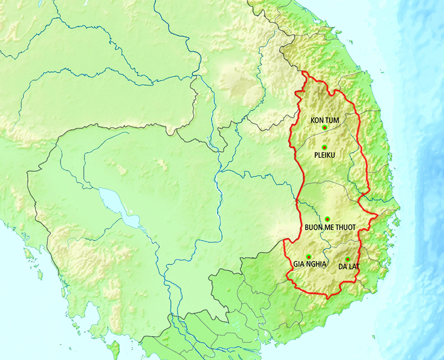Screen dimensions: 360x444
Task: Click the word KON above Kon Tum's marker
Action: click(317, 120)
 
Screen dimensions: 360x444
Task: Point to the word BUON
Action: click(314, 227)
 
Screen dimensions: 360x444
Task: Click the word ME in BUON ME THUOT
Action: click(330, 227)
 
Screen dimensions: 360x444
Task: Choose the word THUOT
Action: click(346, 227)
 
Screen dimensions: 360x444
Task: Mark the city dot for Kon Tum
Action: click(324, 128)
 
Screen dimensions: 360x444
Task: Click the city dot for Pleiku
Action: click(324, 147)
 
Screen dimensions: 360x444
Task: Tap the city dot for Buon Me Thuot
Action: click(327, 219)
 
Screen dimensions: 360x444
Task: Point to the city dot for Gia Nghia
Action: click(309, 257)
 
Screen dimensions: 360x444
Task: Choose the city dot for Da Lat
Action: click(347, 259)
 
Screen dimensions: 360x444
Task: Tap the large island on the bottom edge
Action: click(115, 350)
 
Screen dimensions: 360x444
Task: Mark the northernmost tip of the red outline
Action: click(304, 72)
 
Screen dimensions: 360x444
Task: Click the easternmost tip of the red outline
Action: click(377, 214)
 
